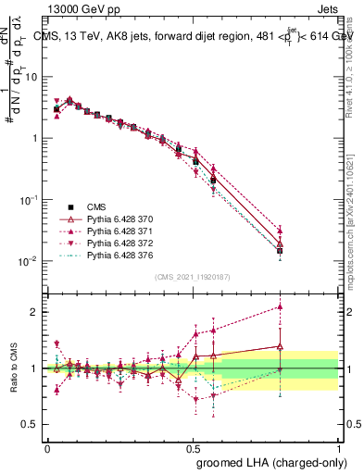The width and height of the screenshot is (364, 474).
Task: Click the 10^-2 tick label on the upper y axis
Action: coord(28,261)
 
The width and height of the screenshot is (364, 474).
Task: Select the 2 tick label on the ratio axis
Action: coord(35,312)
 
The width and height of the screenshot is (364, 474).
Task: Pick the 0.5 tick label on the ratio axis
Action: coord(31,425)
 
